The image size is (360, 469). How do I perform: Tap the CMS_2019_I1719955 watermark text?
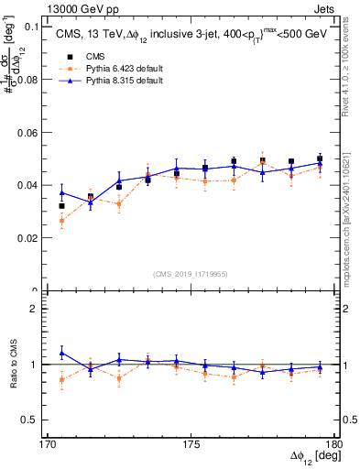(191, 273)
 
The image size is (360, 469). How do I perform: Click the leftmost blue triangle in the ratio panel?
(61, 353)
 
